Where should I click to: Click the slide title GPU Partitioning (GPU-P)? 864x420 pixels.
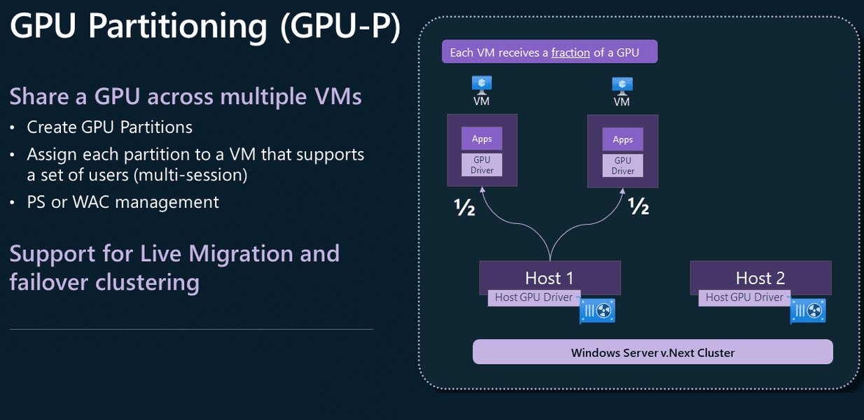pyautogui.click(x=205, y=28)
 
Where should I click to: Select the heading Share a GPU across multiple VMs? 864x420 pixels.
pyautogui.click(x=186, y=96)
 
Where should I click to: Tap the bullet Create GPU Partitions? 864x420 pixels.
pyautogui.click(x=109, y=127)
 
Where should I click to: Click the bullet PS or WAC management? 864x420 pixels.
pyautogui.click(x=123, y=202)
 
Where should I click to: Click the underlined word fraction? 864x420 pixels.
pyautogui.click(x=570, y=52)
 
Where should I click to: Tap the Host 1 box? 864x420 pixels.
pyautogui.click(x=550, y=276)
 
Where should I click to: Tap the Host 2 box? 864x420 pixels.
pyautogui.click(x=760, y=276)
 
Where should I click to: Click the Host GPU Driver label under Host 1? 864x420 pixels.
pyautogui.click(x=533, y=297)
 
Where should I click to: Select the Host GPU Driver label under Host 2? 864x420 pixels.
pyautogui.click(x=744, y=297)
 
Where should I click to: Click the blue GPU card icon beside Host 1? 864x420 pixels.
pyautogui.click(x=597, y=309)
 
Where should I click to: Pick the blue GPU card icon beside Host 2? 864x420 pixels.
pyautogui.click(x=808, y=309)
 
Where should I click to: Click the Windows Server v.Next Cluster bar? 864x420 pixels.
pyautogui.click(x=653, y=352)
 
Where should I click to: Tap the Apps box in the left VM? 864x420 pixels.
pyautogui.click(x=482, y=139)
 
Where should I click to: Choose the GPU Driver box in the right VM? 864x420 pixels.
pyautogui.click(x=622, y=165)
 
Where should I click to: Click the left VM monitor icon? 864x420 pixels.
pyautogui.click(x=481, y=85)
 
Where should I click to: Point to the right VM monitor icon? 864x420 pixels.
pyautogui.click(x=622, y=85)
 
